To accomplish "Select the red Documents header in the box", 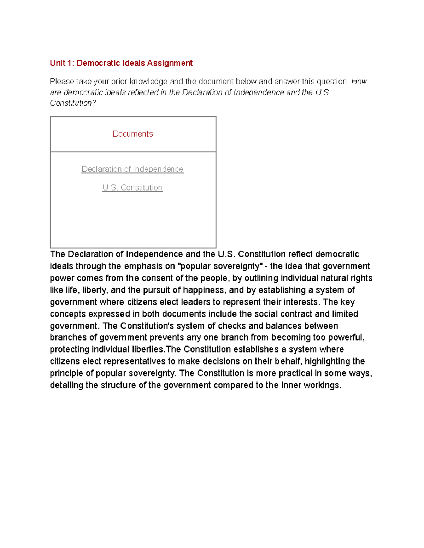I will (x=132, y=134).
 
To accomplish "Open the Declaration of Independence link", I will (x=132, y=169).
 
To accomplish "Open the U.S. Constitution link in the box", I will (x=132, y=188).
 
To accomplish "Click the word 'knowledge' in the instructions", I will (x=148, y=82).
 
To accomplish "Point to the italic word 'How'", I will (x=359, y=82).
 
